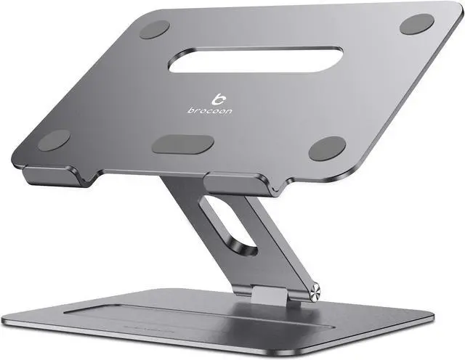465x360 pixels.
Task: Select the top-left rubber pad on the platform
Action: tap(154, 29)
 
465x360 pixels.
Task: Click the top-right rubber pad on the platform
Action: tap(416, 23)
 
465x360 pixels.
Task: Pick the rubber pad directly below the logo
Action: tap(182, 144)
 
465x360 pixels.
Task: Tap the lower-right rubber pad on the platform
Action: tap(327, 148)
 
